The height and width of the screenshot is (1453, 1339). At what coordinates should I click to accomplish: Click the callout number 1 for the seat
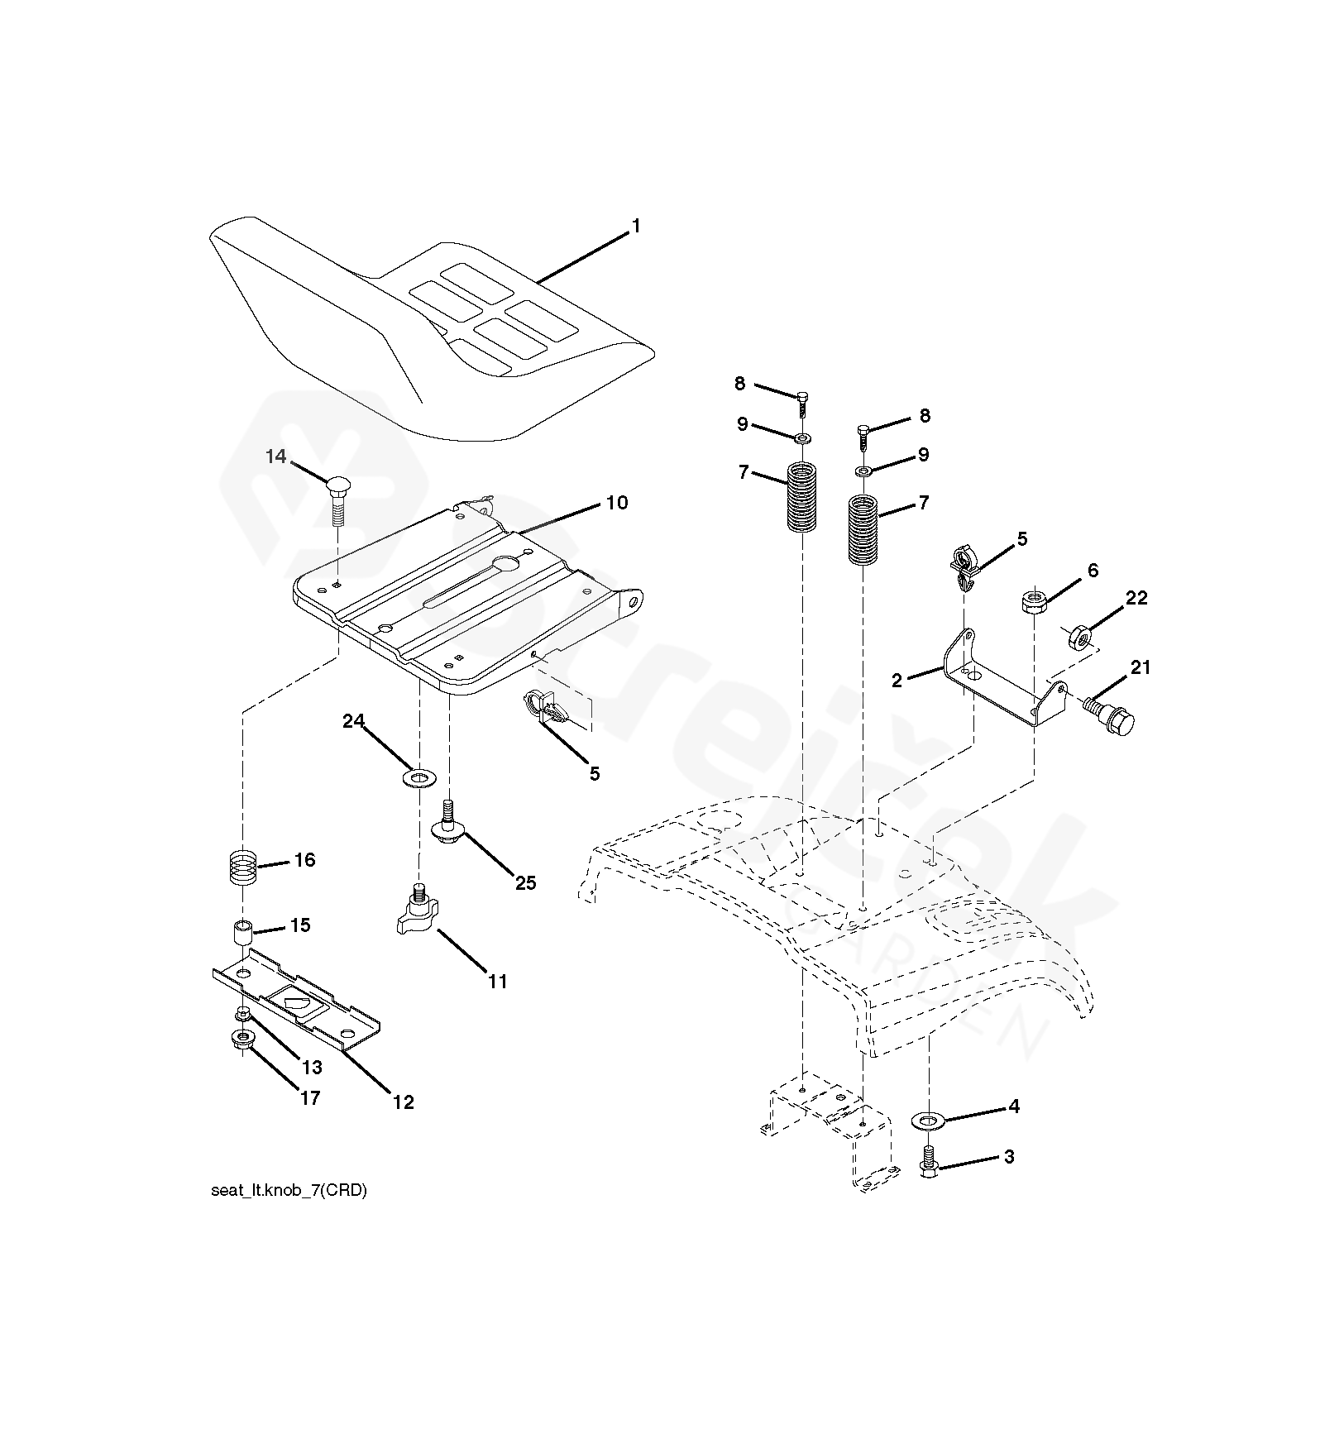(x=635, y=226)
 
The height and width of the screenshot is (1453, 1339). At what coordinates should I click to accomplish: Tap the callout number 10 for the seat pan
(x=617, y=503)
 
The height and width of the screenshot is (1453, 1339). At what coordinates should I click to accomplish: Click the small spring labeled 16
(x=242, y=870)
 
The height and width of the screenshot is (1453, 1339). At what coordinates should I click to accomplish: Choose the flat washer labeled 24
(x=419, y=777)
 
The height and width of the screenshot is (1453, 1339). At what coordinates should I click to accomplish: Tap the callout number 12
(x=403, y=1102)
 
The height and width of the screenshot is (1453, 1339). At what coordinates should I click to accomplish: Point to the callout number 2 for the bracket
(x=897, y=681)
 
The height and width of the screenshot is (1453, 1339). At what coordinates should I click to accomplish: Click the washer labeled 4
(x=929, y=1121)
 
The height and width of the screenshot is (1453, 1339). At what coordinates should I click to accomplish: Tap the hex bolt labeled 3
(x=930, y=1159)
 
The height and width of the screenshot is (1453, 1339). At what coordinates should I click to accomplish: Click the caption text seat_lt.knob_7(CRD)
(x=289, y=1191)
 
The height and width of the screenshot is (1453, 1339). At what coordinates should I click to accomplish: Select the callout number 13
(x=312, y=1068)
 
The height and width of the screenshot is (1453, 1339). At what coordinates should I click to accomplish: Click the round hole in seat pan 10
(x=504, y=564)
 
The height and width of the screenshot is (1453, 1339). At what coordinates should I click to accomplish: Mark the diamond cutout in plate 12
(x=293, y=1002)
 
